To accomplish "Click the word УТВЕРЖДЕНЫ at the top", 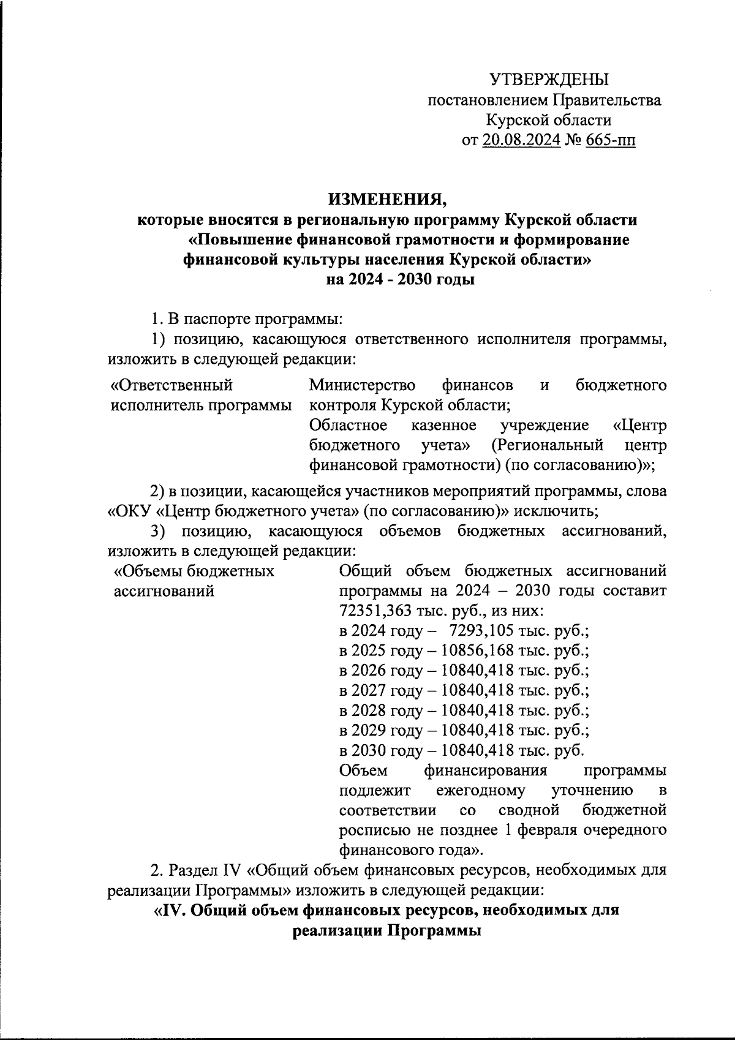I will [549, 80].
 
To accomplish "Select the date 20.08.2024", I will [521, 140].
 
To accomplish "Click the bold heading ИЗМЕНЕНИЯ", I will [388, 199].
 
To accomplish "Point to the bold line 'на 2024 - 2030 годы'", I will [401, 280].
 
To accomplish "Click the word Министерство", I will [362, 385].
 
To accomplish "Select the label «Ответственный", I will [171, 385].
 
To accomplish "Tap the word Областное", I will [348, 425].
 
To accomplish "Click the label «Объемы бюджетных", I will [195, 571].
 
